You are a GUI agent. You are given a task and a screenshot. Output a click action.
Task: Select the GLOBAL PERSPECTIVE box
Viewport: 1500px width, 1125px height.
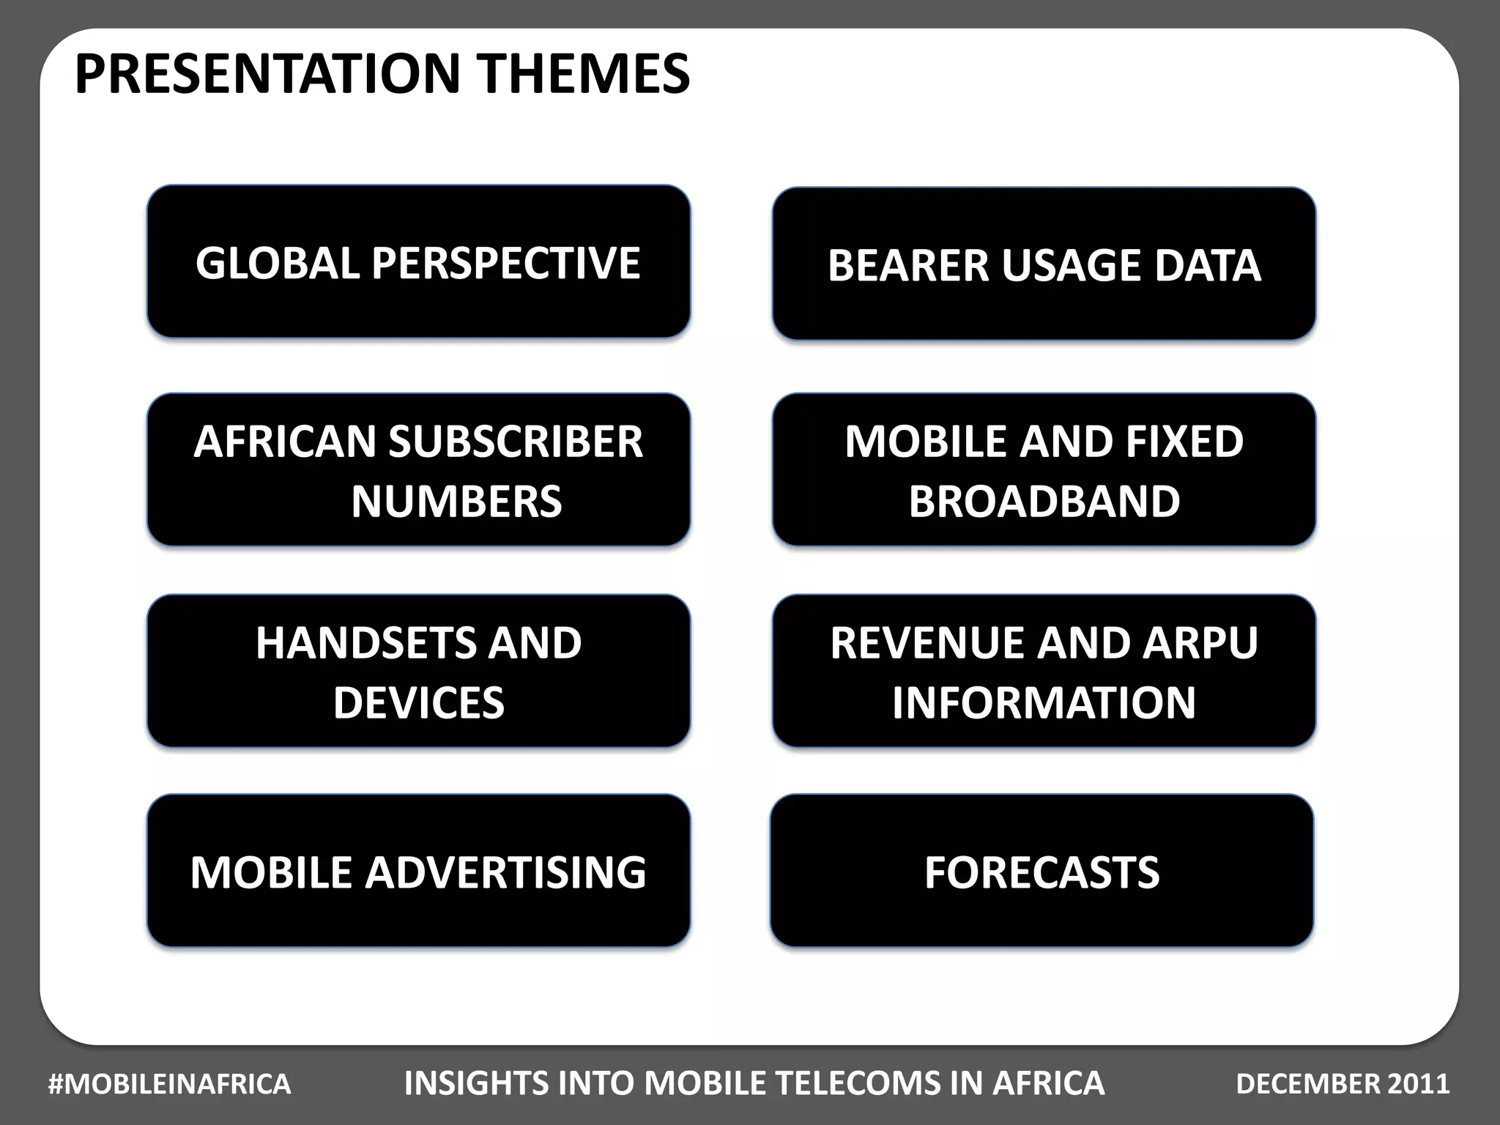(418, 261)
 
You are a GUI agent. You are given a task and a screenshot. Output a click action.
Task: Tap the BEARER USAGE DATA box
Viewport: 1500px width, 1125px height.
(1044, 264)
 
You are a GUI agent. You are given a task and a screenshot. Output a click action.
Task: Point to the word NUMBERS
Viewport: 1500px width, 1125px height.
(456, 502)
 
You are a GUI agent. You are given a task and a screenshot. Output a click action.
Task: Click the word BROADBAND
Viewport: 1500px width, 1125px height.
(1044, 502)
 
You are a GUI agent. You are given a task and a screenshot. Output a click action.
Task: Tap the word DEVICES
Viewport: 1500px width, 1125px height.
(418, 702)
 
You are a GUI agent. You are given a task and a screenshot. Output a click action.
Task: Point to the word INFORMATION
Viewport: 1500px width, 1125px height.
(1044, 702)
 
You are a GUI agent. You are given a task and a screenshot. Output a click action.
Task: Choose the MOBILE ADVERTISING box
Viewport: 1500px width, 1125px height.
(418, 872)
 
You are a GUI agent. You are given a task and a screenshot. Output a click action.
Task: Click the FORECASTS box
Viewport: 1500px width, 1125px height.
(1042, 872)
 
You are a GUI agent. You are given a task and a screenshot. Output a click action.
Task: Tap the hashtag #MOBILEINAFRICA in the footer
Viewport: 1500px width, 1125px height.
(169, 1084)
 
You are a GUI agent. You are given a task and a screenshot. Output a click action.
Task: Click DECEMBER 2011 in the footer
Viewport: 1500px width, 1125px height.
(1342, 1084)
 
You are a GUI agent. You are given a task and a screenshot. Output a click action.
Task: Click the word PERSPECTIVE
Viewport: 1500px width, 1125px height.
(505, 263)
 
